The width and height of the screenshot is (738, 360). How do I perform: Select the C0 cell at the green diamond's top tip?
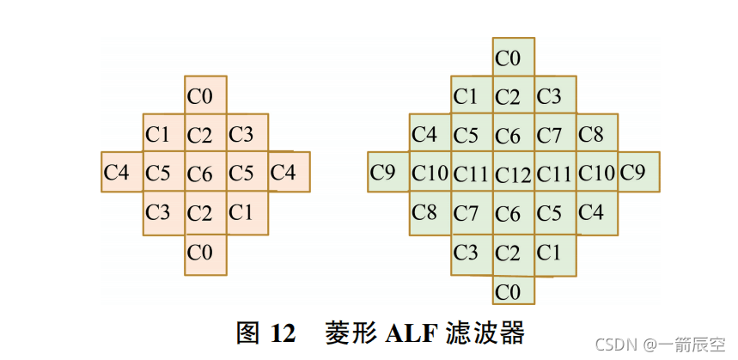[514, 58]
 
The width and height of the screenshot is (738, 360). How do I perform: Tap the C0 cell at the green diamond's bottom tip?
[514, 290]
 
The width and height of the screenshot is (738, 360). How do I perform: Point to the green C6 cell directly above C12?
[514, 134]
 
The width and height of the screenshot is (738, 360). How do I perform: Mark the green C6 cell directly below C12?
[514, 212]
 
